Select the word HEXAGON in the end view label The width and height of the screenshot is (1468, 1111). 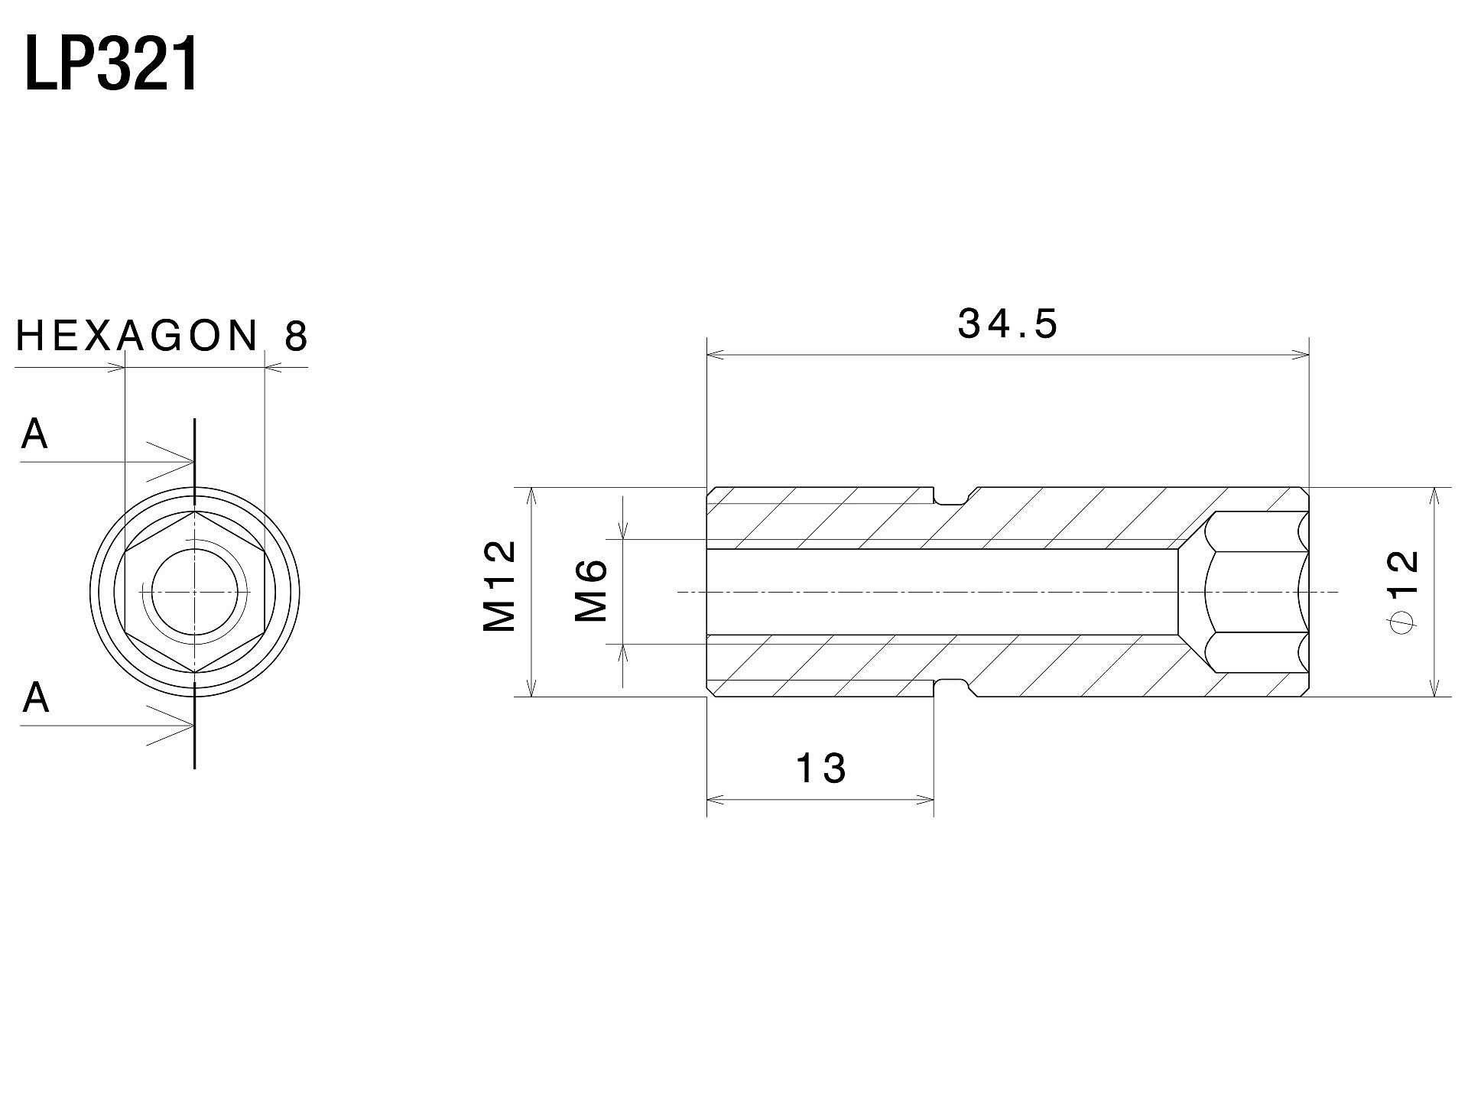tap(138, 336)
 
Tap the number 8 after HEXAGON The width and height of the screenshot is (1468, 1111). tap(297, 336)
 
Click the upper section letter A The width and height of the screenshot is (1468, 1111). tap(34, 434)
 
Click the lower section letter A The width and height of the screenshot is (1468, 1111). tap(35, 697)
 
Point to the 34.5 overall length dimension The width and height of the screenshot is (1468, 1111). tap(1008, 323)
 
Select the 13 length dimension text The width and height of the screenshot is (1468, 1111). tap(821, 768)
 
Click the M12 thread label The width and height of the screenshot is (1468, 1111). tap(500, 586)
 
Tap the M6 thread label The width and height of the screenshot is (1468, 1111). tap(590, 590)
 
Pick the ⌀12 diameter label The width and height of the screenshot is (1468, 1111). tap(1402, 591)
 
